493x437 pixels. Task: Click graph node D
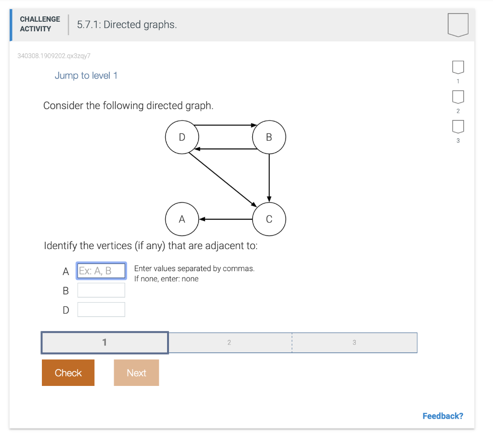[182, 137]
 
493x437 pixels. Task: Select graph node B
[269, 137]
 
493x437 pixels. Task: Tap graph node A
[182, 219]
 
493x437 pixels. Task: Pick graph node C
[269, 219]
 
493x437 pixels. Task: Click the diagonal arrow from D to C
[222, 176]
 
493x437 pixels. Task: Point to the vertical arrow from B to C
[269, 176]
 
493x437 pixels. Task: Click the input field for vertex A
[101, 271]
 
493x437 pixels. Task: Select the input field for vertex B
[101, 290]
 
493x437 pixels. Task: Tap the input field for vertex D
[101, 309]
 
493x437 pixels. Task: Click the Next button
[136, 373]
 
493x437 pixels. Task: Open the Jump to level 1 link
[86, 76]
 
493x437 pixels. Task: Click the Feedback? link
[442, 416]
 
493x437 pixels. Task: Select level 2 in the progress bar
[229, 343]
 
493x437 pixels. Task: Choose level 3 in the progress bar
[354, 343]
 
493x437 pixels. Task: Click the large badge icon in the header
[457, 25]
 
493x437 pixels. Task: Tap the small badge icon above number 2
[458, 96]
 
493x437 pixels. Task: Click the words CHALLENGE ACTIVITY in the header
[40, 24]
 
